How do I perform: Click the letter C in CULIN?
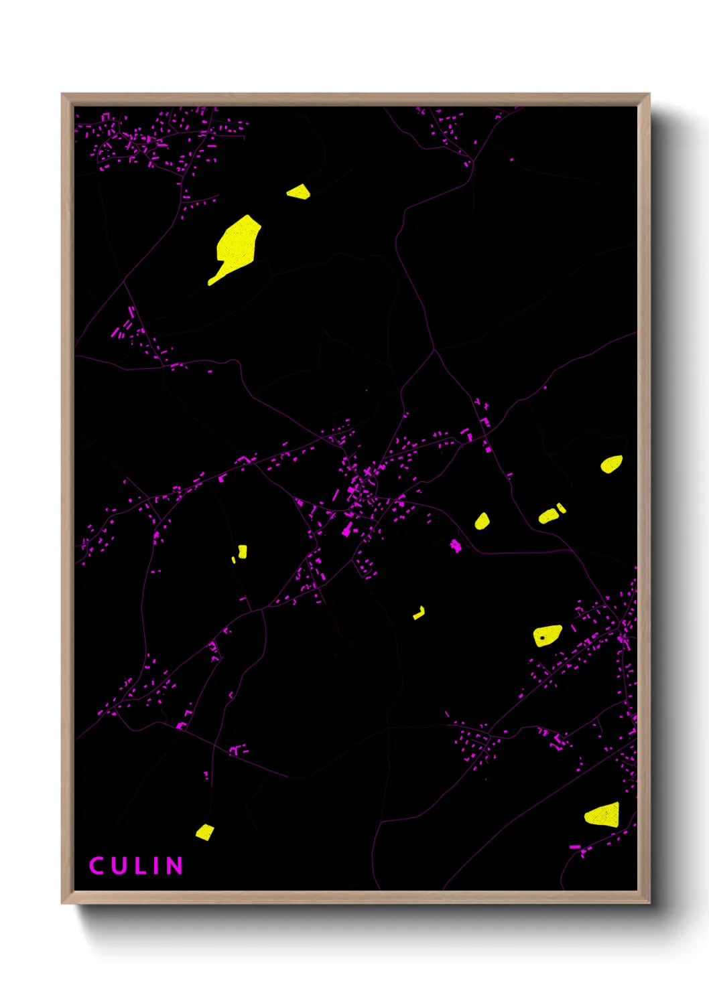pos(96,866)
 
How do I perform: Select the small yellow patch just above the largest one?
pos(299,193)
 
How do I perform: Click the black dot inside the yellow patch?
pos(542,638)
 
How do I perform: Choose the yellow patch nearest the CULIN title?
pos(205,832)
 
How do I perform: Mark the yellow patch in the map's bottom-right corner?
pos(603,815)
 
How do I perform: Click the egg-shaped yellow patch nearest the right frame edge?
pos(611,464)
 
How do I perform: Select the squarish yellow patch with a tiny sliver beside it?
pos(242,551)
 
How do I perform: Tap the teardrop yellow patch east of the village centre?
pos(482,521)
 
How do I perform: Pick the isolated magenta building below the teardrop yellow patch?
pos(456,546)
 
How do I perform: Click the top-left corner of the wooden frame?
pos(62,94)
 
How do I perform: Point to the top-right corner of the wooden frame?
pos(649,94)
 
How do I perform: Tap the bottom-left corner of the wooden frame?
pos(62,903)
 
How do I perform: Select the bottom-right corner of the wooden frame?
pos(649,903)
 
